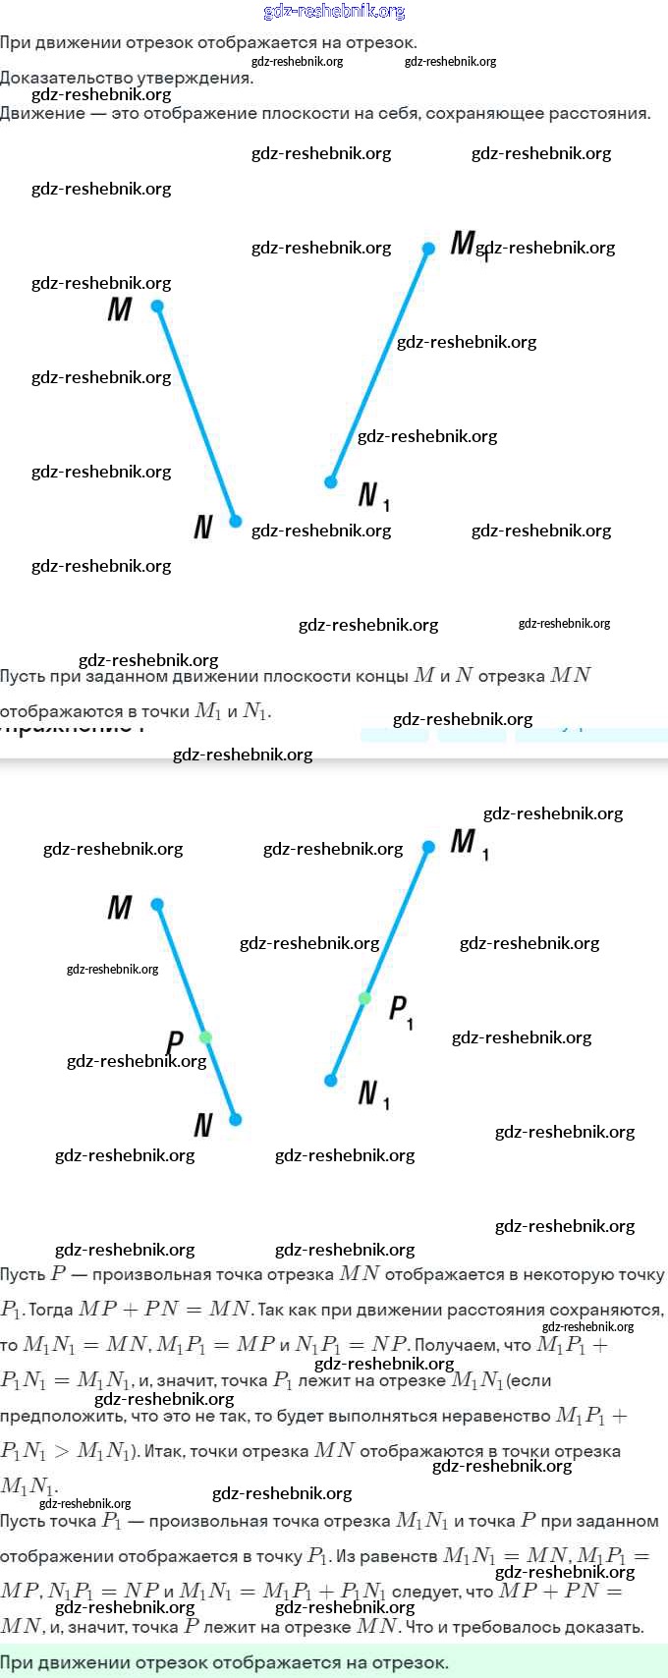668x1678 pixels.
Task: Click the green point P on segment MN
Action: pyautogui.click(x=205, y=1037)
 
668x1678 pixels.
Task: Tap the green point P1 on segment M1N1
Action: pyautogui.click(x=364, y=998)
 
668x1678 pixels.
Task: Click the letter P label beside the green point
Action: pyautogui.click(x=175, y=1042)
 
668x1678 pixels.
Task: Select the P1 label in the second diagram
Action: pyautogui.click(x=400, y=1010)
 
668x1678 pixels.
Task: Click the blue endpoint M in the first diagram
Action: pyautogui.click(x=157, y=307)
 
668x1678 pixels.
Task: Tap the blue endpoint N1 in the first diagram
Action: pyautogui.click(x=331, y=482)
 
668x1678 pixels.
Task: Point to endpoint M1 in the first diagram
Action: pyautogui.click(x=428, y=249)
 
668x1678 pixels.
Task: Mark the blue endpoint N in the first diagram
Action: pyautogui.click(x=236, y=521)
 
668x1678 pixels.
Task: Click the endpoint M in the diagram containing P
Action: pyautogui.click(x=157, y=904)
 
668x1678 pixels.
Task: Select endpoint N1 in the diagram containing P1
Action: pyautogui.click(x=331, y=1081)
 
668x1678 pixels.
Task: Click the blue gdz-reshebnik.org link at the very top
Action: pyautogui.click(x=334, y=12)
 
